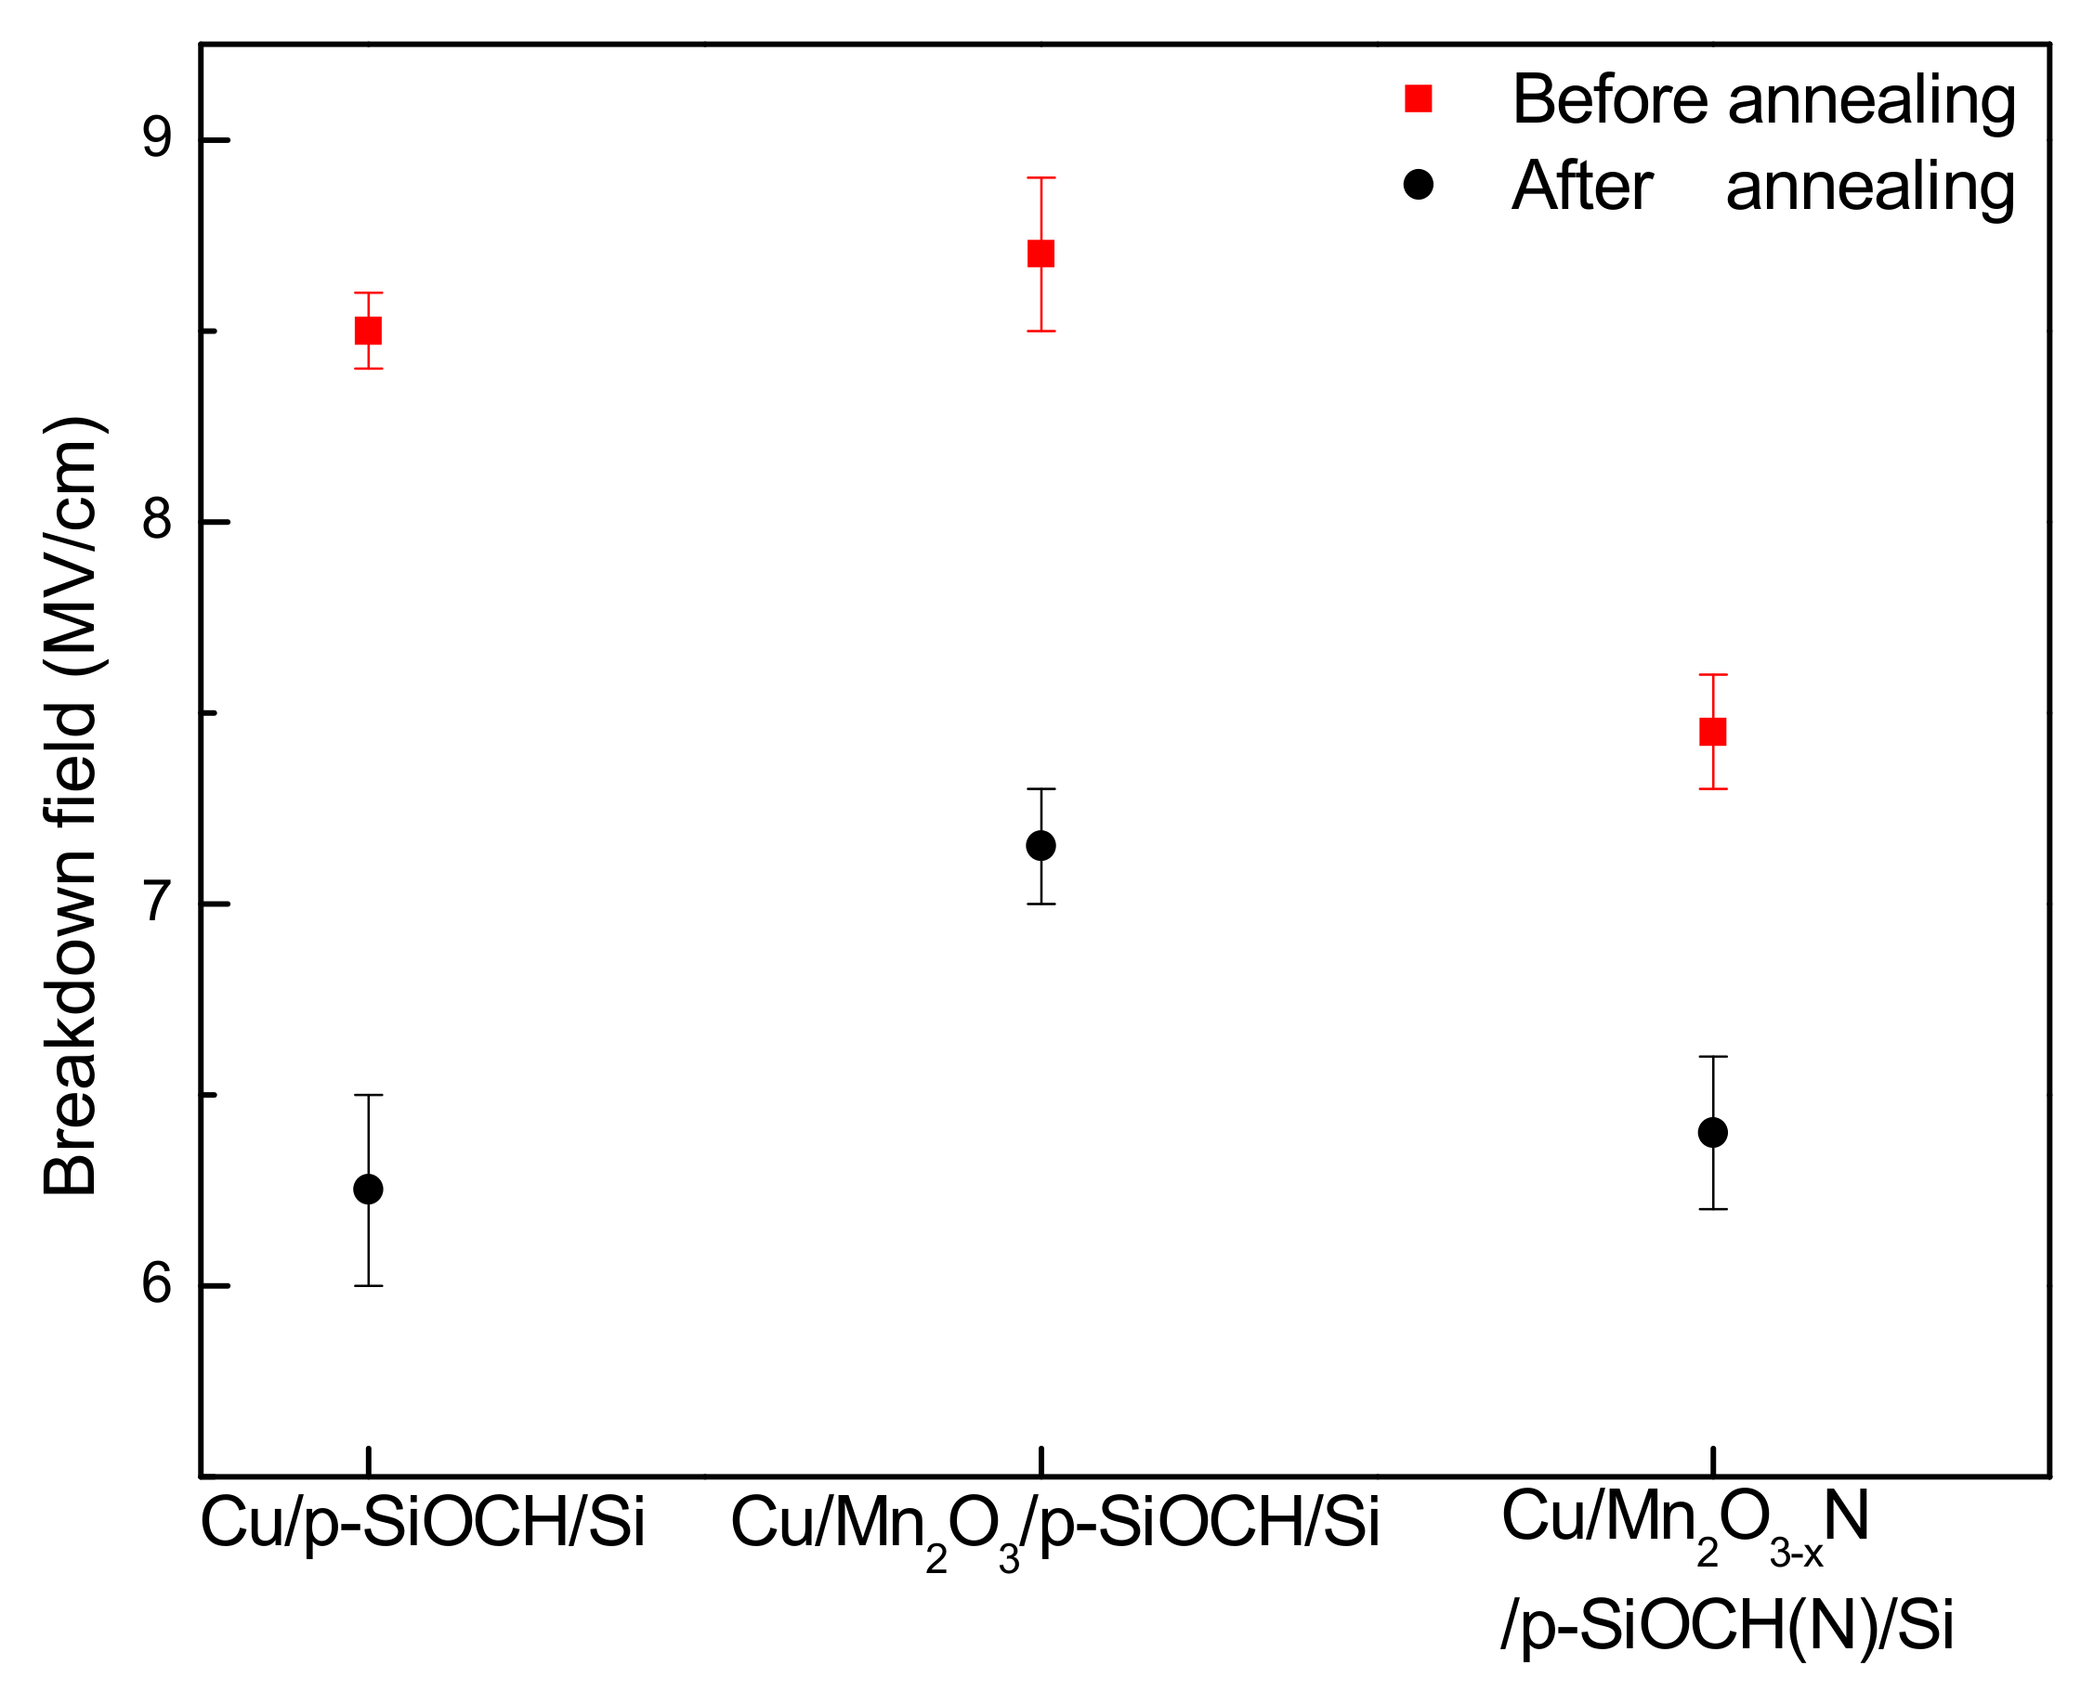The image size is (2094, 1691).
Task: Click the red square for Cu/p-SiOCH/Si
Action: click(x=367, y=331)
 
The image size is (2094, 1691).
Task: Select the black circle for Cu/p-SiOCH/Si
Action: click(x=367, y=1190)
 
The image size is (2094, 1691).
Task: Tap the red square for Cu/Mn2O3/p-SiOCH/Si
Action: click(x=1040, y=254)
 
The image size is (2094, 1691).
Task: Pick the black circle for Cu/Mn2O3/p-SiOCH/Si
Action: click(x=1040, y=845)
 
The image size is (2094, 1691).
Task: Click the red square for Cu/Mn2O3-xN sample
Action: click(x=1712, y=732)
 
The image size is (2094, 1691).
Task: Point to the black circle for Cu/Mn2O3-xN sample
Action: click(x=1712, y=1133)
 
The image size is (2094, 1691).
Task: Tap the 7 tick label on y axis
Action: click(x=156, y=904)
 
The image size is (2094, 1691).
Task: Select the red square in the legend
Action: click(x=1418, y=99)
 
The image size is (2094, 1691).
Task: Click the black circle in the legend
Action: click(x=1418, y=184)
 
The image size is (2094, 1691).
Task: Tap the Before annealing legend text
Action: click(x=1762, y=99)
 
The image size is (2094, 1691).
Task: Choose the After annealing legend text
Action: click(x=1762, y=186)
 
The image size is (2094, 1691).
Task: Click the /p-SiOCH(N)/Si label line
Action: click(x=1727, y=1626)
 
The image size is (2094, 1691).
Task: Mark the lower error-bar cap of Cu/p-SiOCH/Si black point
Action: click(x=367, y=1286)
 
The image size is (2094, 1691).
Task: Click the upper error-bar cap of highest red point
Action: click(x=1040, y=178)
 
